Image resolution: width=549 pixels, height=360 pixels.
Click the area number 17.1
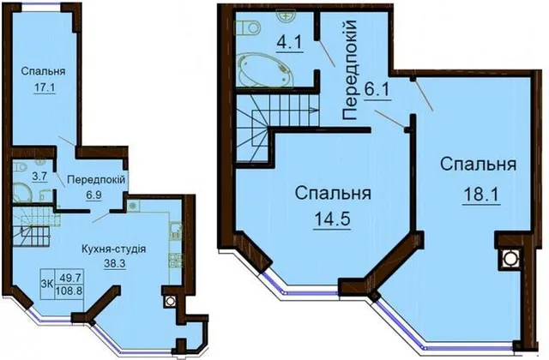(x=44, y=87)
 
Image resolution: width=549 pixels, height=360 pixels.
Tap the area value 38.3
(x=114, y=263)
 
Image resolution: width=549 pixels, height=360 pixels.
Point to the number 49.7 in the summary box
(x=70, y=278)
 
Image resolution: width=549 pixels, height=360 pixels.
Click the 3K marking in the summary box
(x=46, y=284)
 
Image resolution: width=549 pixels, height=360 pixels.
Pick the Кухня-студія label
(x=114, y=249)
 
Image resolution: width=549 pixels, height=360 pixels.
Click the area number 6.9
(x=94, y=195)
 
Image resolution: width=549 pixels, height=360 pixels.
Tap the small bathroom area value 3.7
(x=39, y=177)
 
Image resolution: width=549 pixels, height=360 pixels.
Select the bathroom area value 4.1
(x=290, y=45)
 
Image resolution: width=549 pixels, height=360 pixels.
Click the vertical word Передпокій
(x=349, y=70)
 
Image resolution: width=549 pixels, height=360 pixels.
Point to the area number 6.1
(x=377, y=91)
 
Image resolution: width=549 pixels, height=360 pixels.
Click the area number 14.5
(x=332, y=219)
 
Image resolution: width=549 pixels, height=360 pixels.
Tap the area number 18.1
(x=482, y=194)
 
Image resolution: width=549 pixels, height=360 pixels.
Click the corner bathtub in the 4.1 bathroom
(x=265, y=69)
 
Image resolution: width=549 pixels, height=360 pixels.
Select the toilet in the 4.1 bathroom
(x=248, y=27)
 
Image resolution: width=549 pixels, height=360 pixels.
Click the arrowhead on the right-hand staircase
(x=315, y=111)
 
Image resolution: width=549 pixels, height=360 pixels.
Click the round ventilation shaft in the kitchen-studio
(x=171, y=301)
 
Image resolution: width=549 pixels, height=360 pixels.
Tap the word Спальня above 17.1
(x=43, y=71)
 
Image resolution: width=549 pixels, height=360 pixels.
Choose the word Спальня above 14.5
(x=333, y=193)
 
